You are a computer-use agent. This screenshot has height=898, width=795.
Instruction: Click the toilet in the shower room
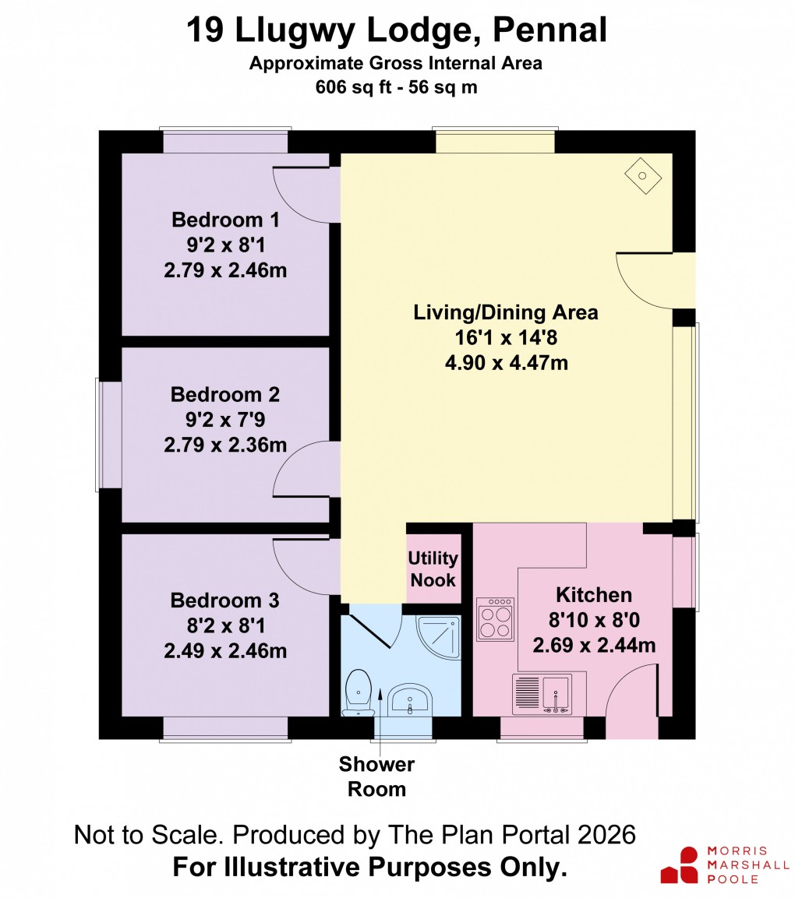tap(359, 690)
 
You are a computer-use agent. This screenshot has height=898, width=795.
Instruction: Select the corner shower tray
tap(440, 636)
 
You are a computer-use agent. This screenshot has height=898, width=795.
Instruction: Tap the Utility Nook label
tap(433, 569)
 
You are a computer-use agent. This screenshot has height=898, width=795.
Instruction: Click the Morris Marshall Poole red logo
tap(679, 865)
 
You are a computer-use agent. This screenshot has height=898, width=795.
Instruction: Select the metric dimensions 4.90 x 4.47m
tap(505, 362)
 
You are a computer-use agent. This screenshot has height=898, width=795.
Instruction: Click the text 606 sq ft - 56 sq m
tap(396, 87)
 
